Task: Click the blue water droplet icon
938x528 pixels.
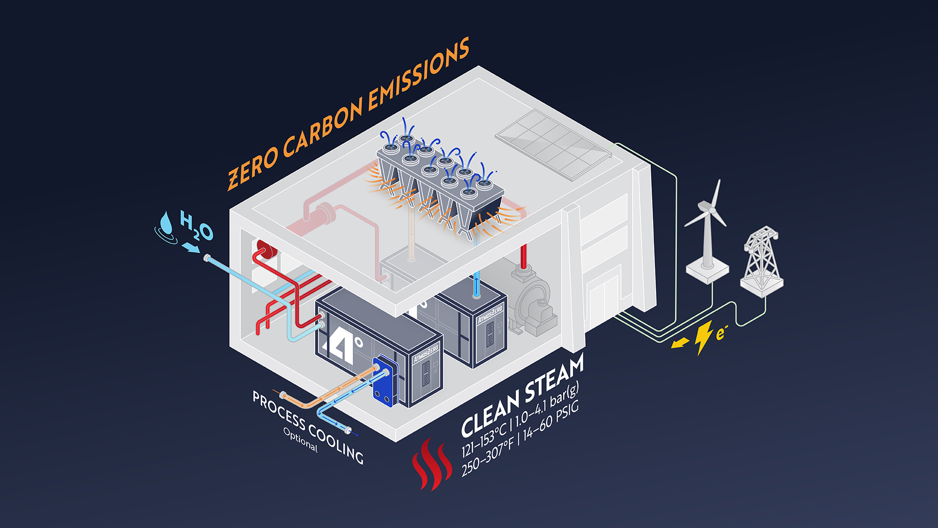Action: [x=166, y=224]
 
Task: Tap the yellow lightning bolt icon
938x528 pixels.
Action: [x=703, y=337]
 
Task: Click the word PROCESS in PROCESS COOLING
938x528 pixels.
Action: [x=279, y=408]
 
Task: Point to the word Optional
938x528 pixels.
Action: [x=300, y=440]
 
